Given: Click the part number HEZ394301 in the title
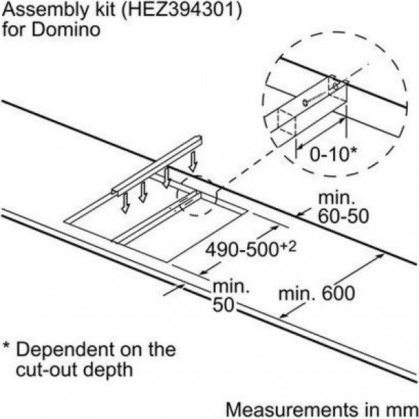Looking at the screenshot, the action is click(182, 10).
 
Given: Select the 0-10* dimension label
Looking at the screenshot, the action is click(333, 154).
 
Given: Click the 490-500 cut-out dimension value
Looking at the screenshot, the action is click(241, 249).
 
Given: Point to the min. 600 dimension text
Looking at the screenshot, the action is click(316, 293).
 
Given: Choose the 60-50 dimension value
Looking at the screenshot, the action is click(343, 216).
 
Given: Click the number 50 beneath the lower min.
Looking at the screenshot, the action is click(223, 305).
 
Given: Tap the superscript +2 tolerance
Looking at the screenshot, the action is click(288, 247).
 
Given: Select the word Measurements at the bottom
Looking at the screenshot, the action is click(291, 409).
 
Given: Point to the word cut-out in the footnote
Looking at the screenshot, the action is click(47, 370).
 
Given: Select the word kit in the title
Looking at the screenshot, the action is click(102, 10).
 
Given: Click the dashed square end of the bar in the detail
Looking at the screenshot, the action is click(286, 123).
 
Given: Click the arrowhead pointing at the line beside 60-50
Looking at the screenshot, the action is click(300, 214).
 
